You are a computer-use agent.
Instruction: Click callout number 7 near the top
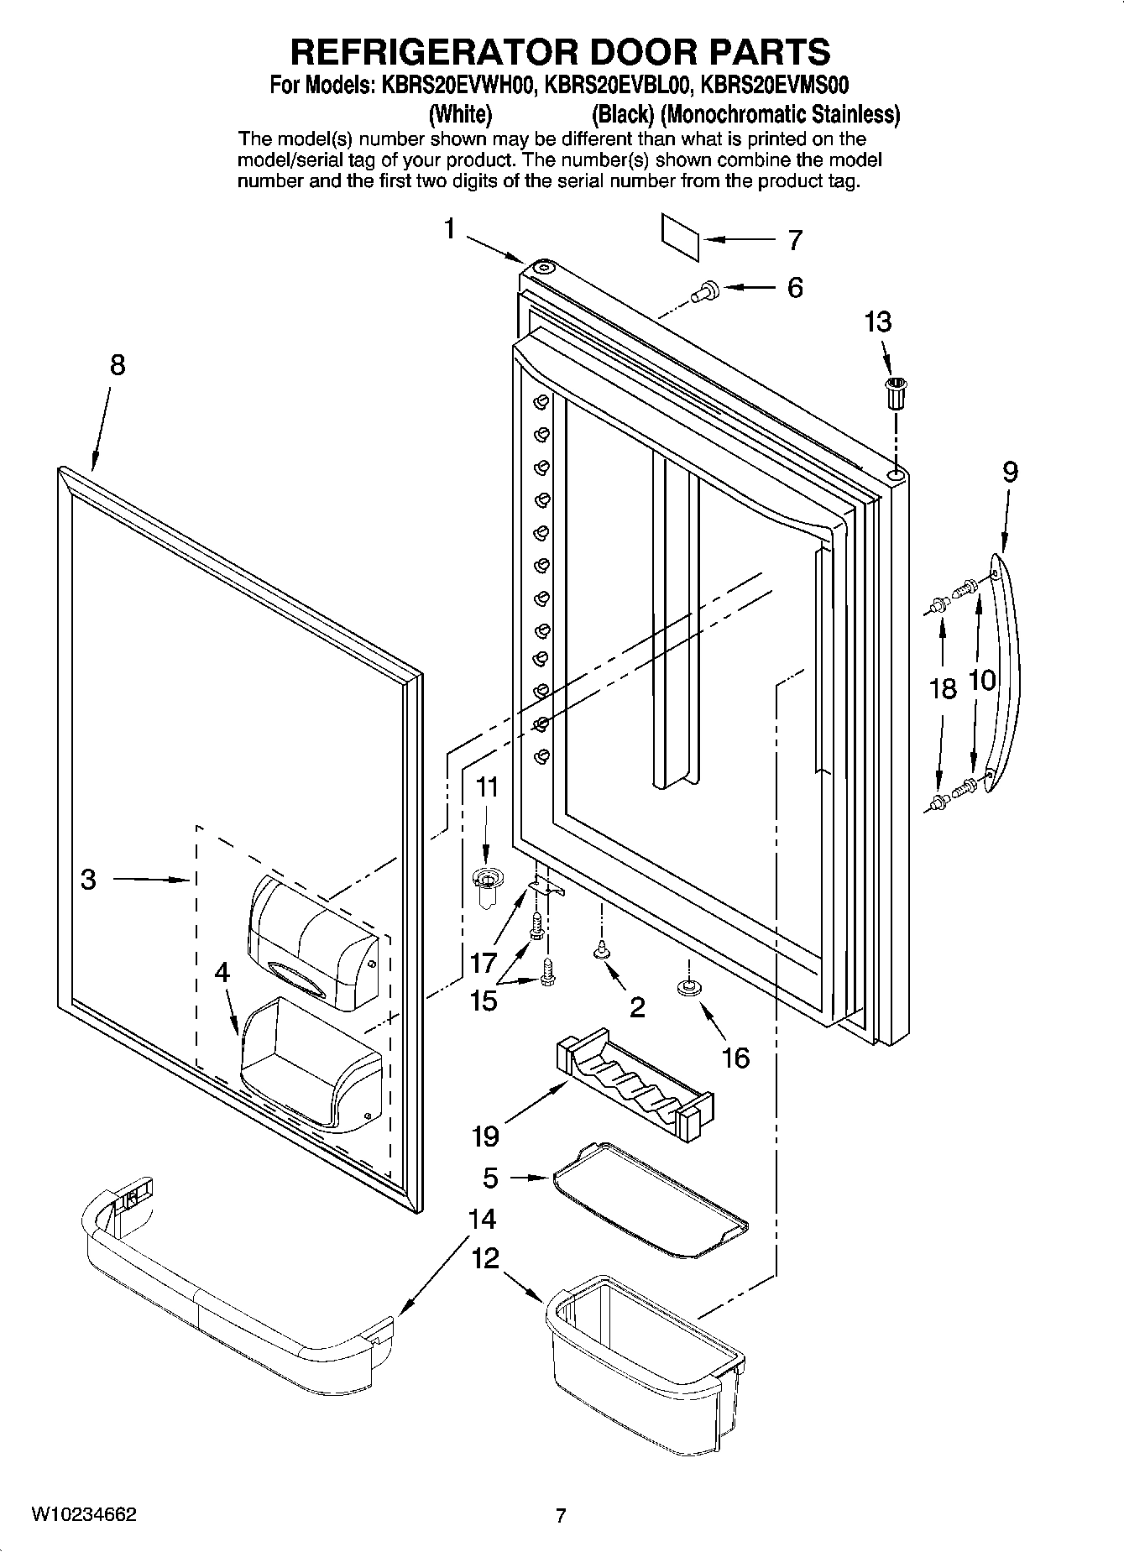point(794,240)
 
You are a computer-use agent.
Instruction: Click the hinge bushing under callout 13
point(897,392)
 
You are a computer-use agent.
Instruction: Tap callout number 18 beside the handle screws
point(943,689)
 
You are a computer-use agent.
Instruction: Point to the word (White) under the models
point(460,113)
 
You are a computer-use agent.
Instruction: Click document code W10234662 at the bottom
point(84,1516)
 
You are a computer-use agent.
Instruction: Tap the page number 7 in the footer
point(561,1516)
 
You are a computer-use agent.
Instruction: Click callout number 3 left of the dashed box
point(88,880)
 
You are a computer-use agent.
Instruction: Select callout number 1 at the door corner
point(450,228)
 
